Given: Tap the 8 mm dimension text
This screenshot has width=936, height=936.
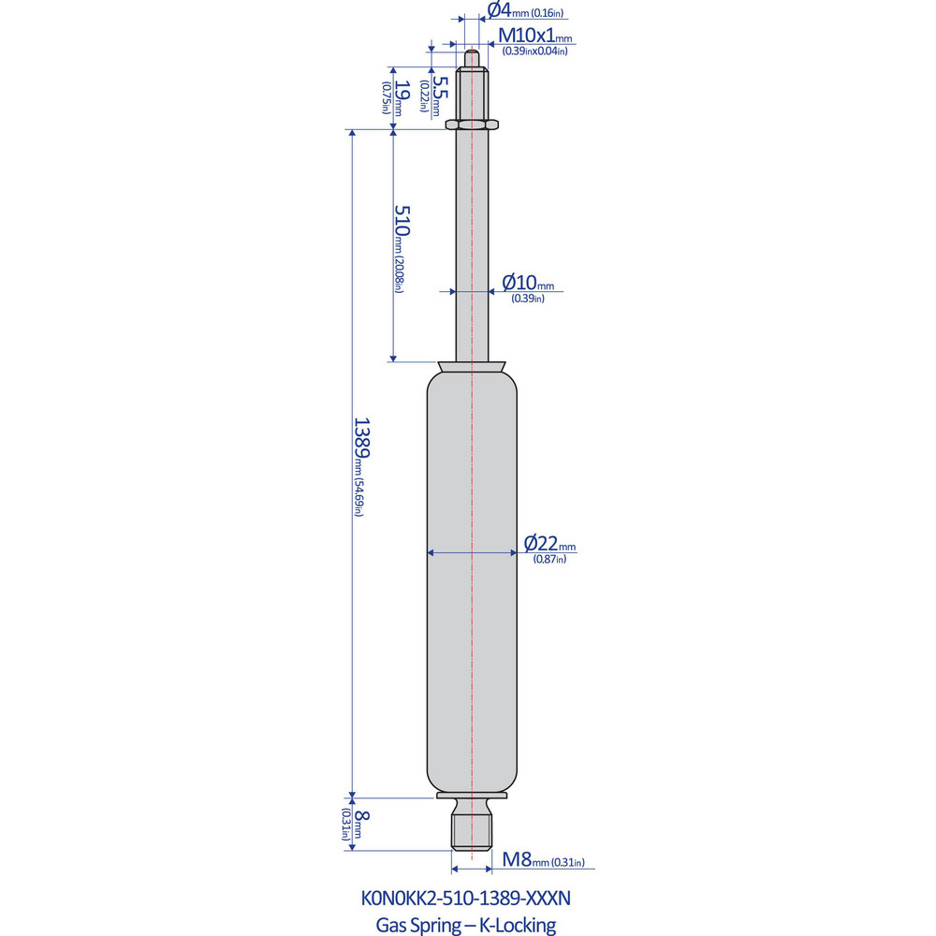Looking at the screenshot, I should click(361, 821).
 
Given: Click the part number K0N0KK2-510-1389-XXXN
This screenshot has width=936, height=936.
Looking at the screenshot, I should click(465, 899).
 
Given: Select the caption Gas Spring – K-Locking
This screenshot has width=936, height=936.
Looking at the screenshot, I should click(465, 926).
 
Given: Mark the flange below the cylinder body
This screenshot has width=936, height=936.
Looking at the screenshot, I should click(472, 797).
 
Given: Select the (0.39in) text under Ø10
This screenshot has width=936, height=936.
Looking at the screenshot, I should click(527, 298).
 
